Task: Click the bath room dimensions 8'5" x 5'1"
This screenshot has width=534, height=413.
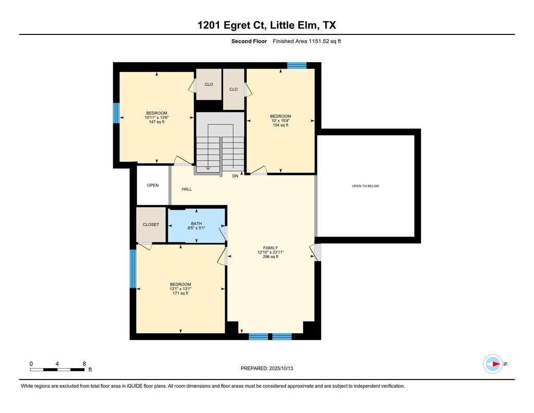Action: pyautogui.click(x=196, y=228)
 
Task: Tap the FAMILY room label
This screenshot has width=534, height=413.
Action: pyautogui.click(x=271, y=248)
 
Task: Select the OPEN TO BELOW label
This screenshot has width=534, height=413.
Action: pyautogui.click(x=366, y=186)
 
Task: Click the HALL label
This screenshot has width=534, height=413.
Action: pyautogui.click(x=187, y=189)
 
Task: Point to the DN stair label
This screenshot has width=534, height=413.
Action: pyautogui.click(x=235, y=176)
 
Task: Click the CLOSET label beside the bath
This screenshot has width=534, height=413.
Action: pyautogui.click(x=151, y=225)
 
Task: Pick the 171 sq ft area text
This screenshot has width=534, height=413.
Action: pyautogui.click(x=180, y=293)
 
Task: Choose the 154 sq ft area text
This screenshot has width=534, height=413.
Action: pyautogui.click(x=280, y=125)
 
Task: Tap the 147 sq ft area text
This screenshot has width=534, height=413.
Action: pyautogui.click(x=156, y=122)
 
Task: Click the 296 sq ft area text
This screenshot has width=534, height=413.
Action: pyautogui.click(x=271, y=257)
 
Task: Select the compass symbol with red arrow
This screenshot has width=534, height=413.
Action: pyautogui.click(x=493, y=364)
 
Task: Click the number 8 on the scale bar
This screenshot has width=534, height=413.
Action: pyautogui.click(x=84, y=363)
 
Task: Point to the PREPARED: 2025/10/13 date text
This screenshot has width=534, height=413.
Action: pyautogui.click(x=266, y=368)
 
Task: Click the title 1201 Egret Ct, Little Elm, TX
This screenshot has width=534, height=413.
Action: pyautogui.click(x=266, y=25)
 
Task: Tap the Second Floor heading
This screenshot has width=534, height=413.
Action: pyautogui.click(x=249, y=41)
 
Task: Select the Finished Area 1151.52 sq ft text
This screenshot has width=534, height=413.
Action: pyautogui.click(x=307, y=41)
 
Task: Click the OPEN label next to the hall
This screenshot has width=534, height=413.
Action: pyautogui.click(x=153, y=185)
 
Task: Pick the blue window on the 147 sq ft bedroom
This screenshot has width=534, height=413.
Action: pyautogui.click(x=116, y=113)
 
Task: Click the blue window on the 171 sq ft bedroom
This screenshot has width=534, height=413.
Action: pyautogui.click(x=133, y=269)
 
